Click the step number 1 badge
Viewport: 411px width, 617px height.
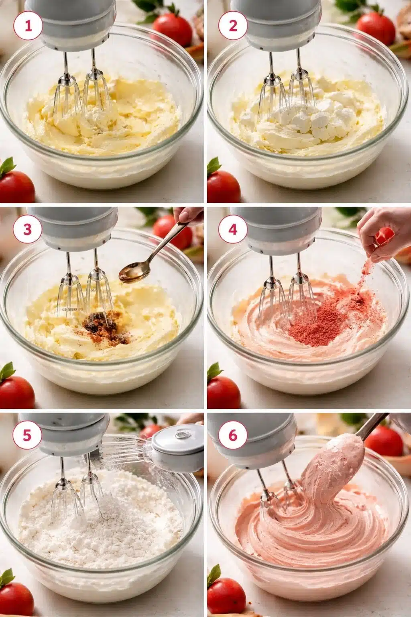(x=28, y=26)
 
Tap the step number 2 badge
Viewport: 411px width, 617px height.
(x=233, y=26)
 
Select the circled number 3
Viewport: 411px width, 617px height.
(x=28, y=230)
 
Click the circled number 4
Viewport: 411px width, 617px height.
(x=233, y=230)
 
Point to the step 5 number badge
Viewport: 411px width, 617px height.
(x=28, y=435)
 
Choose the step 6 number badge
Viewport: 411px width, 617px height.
(x=233, y=435)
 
